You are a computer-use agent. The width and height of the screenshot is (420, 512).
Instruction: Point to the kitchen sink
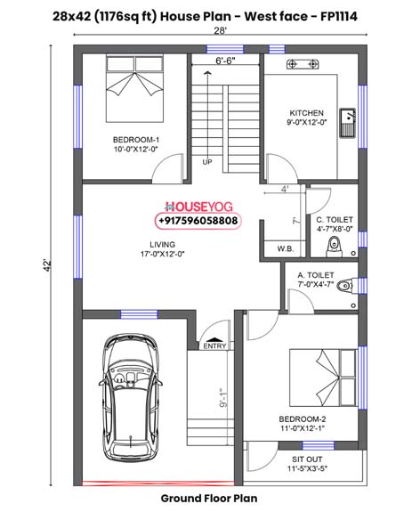351,118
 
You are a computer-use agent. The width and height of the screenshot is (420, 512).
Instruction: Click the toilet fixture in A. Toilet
348,286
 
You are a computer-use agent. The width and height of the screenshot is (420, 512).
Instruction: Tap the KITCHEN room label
306,113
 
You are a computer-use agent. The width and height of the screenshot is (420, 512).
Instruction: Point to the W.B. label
286,248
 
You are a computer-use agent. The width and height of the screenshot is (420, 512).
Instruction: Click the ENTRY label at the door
214,345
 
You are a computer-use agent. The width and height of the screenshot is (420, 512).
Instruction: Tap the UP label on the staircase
207,162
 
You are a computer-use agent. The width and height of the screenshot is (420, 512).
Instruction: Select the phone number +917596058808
198,219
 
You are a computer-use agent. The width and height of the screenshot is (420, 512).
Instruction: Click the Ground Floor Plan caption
209,498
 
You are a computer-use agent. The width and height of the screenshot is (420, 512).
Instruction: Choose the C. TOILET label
334,219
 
